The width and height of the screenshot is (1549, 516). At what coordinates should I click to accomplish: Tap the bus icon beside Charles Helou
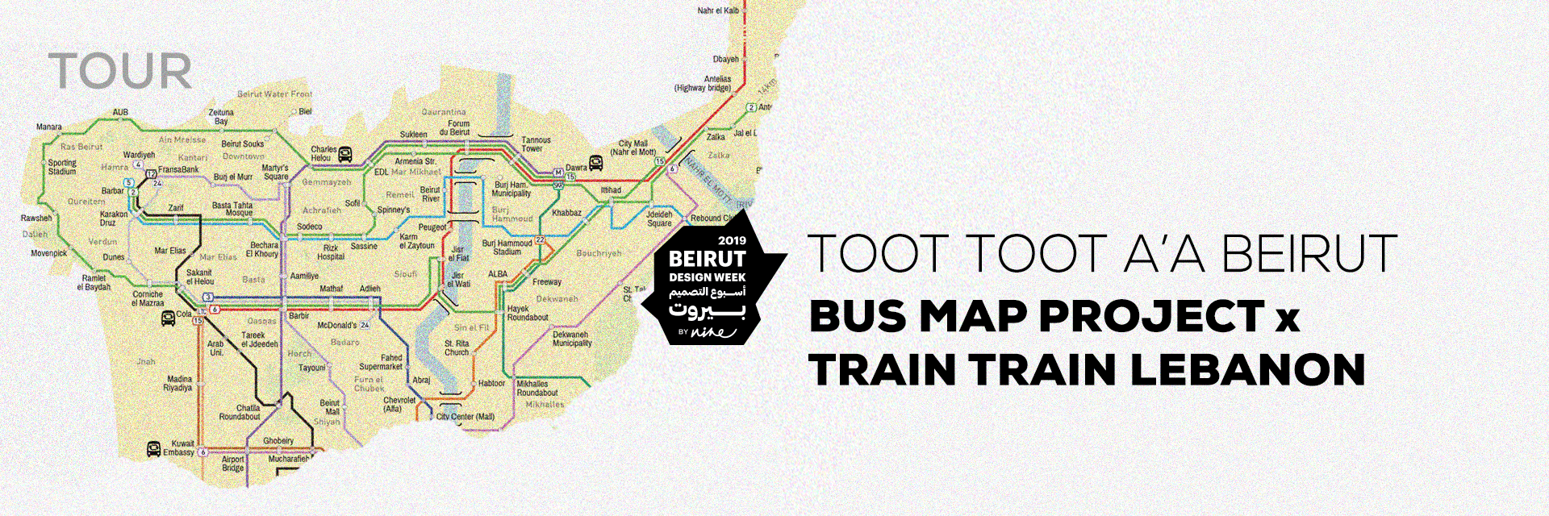click(x=345, y=154)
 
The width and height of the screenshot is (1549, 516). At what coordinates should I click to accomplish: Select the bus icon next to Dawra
click(x=596, y=163)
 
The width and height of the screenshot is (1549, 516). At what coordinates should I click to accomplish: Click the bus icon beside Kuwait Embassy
click(x=153, y=448)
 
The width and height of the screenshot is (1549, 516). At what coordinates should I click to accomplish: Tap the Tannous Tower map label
click(x=535, y=144)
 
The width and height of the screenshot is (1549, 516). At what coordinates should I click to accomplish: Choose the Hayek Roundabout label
click(x=528, y=313)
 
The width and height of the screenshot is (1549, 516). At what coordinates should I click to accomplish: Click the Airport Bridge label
click(x=232, y=464)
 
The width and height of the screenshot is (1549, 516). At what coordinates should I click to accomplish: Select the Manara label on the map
click(x=48, y=127)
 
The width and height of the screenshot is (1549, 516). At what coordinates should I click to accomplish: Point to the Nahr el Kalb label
click(x=718, y=10)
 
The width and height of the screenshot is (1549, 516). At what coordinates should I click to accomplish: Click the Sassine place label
click(x=364, y=246)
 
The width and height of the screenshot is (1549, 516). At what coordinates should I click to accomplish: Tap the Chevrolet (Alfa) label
click(x=399, y=404)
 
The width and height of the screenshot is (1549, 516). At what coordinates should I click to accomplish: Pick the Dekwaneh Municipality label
click(x=572, y=339)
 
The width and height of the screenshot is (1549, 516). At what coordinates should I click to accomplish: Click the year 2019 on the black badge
click(x=732, y=240)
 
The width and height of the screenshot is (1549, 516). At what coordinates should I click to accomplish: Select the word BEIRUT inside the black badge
click(x=707, y=259)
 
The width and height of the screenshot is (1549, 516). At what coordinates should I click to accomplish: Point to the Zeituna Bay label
click(x=221, y=117)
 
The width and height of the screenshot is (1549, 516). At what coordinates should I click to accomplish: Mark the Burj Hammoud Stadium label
click(x=507, y=247)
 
